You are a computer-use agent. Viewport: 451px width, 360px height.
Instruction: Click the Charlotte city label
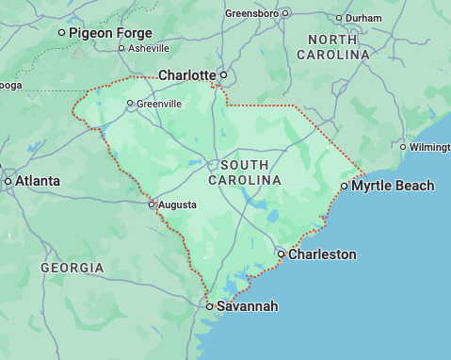(x=187, y=74)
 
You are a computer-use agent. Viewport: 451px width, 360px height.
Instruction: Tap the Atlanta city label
(x=37, y=180)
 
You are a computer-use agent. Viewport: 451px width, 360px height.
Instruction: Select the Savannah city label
(x=247, y=306)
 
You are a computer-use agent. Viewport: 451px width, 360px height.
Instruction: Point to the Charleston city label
(x=322, y=254)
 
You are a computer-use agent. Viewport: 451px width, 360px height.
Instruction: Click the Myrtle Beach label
(x=393, y=186)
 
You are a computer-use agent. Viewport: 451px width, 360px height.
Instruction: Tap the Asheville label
(x=149, y=47)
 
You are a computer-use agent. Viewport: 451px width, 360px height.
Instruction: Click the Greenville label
(x=159, y=104)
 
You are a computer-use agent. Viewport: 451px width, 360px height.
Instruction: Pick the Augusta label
(x=177, y=204)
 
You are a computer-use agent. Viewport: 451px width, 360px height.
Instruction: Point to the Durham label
(x=363, y=18)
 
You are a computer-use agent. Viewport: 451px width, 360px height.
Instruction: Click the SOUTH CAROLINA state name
(x=244, y=172)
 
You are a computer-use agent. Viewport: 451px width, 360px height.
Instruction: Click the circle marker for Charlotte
(x=223, y=74)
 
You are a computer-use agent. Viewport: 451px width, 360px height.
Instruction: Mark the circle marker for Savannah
(x=209, y=306)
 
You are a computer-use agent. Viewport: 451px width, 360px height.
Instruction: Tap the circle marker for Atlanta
(x=8, y=180)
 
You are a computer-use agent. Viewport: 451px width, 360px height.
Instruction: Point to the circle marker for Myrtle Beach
(x=344, y=186)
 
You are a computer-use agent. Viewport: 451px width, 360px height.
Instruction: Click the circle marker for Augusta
(x=151, y=204)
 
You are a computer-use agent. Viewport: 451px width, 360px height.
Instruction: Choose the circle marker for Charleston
(x=281, y=254)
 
